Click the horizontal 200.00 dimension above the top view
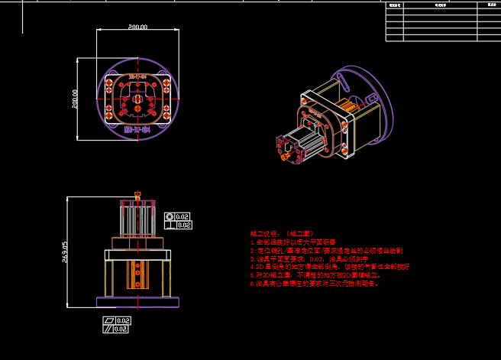(137, 28)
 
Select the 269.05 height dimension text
(65, 251)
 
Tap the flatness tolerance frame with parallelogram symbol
(117, 320)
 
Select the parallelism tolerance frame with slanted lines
(117, 329)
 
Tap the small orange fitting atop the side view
(137, 193)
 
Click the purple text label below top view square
(136, 130)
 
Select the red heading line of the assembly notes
(281, 233)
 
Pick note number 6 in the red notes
(313, 284)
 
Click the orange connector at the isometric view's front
(286, 156)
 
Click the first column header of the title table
(394, 5)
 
